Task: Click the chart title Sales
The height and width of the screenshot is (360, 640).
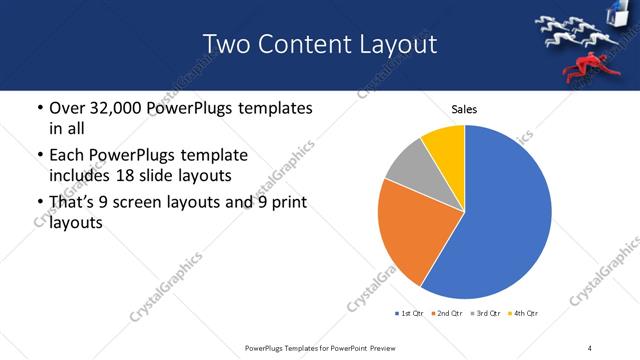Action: tap(464, 108)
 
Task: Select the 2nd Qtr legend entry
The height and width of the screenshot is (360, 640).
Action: tap(444, 314)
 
